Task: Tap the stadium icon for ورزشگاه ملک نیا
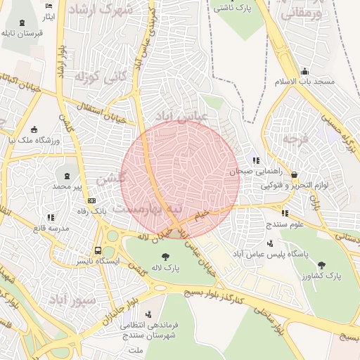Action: click(x=34, y=128)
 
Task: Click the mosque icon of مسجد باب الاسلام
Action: click(x=304, y=70)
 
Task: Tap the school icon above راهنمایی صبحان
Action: click(x=255, y=160)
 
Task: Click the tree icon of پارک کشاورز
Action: click(x=321, y=265)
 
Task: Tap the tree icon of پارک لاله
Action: click(x=165, y=257)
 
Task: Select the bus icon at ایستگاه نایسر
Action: click(x=98, y=250)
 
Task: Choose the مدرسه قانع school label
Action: click(x=49, y=229)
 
